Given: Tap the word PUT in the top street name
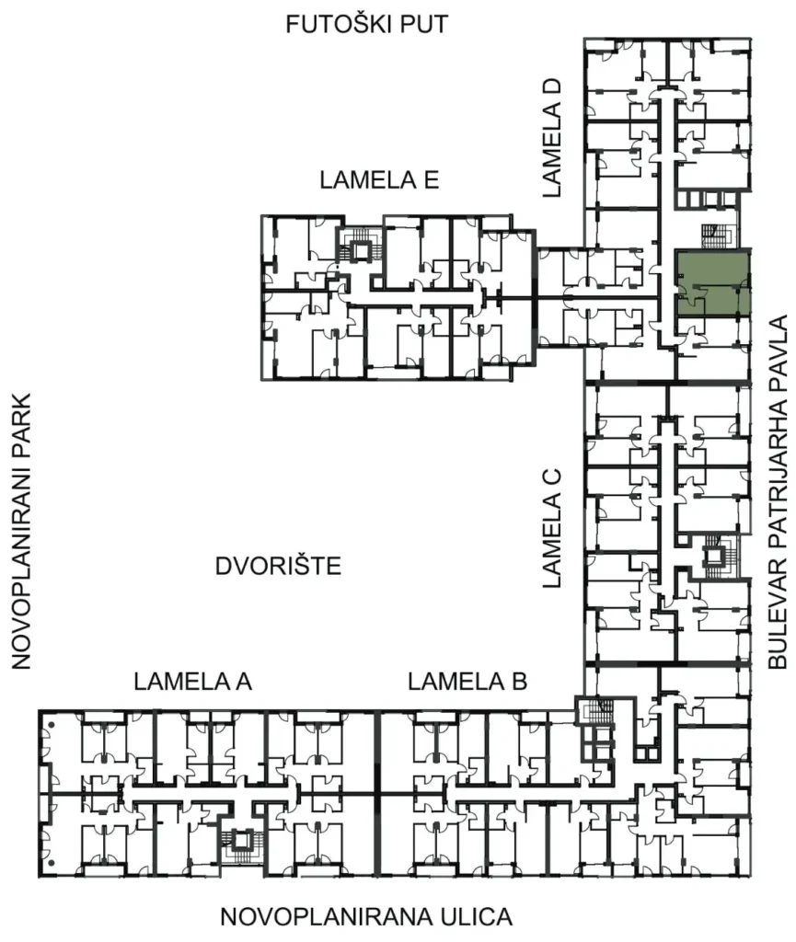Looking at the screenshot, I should [x=424, y=24].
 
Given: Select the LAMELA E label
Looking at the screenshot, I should [x=378, y=180].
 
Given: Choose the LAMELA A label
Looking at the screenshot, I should [x=192, y=682].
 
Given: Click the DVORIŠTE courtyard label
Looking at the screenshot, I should [x=278, y=566].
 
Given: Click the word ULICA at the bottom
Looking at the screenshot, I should [x=469, y=917].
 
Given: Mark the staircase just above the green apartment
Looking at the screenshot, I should [x=714, y=235].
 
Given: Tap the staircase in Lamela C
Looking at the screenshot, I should [x=715, y=555].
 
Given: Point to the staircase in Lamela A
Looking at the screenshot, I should [x=242, y=841].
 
